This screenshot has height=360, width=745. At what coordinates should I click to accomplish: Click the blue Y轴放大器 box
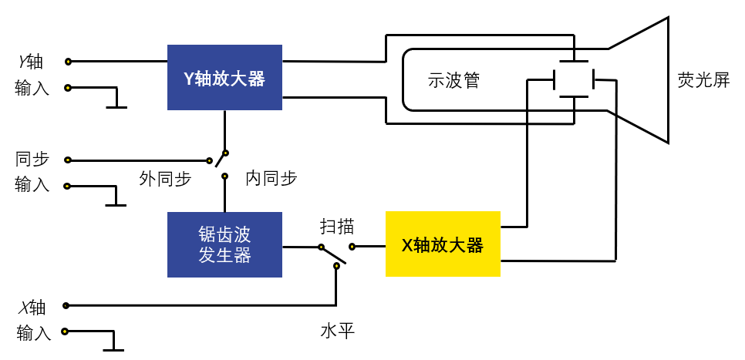224,77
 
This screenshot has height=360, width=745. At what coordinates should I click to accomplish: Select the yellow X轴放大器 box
443,244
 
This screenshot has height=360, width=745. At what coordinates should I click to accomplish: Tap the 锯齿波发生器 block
224,244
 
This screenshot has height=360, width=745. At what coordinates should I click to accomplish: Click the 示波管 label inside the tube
453,80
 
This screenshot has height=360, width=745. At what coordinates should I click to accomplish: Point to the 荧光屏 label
703,80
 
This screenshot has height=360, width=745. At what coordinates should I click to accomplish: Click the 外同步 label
165,179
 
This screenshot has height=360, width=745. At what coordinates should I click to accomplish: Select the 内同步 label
271,179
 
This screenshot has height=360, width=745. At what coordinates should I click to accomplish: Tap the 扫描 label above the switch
337,227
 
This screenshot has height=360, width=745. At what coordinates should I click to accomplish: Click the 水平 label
337,331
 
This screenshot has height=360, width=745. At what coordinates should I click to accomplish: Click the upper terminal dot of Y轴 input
68,62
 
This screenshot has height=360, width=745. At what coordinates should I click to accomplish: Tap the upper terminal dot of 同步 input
68,160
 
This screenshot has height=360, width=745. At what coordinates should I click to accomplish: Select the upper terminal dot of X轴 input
66,305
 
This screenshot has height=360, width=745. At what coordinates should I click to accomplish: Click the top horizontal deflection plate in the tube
574,62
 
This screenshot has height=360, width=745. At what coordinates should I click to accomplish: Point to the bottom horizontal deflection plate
574,97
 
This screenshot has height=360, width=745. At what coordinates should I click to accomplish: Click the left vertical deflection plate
555,79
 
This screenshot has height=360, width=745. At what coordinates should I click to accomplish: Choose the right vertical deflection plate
593,79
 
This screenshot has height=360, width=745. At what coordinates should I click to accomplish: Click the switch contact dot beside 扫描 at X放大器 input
352,247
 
